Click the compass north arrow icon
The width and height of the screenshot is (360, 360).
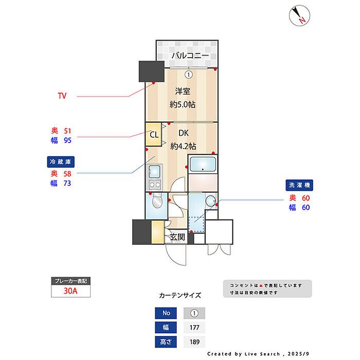click(x=299, y=15)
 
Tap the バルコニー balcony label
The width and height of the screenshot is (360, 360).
click(x=190, y=55)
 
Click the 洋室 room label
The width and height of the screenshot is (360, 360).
click(x=183, y=92)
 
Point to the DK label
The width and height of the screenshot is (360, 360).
click(x=184, y=133)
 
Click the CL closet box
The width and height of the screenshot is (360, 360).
click(x=154, y=135)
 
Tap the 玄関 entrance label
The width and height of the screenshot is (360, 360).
click(x=177, y=237)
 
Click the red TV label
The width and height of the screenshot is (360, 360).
click(x=62, y=96)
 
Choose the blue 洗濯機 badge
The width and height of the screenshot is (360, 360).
click(x=300, y=185)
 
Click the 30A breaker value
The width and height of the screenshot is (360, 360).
click(x=71, y=291)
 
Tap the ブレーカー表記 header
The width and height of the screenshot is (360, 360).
click(x=71, y=281)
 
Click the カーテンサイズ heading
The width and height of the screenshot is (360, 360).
click(x=180, y=296)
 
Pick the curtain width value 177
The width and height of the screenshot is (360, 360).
click(x=194, y=327)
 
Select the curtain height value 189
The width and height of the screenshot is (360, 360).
click(x=194, y=341)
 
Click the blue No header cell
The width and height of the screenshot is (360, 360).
click(x=166, y=313)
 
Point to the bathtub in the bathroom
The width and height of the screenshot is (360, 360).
click(x=204, y=165)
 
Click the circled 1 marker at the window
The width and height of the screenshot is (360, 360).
click(x=189, y=75)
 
